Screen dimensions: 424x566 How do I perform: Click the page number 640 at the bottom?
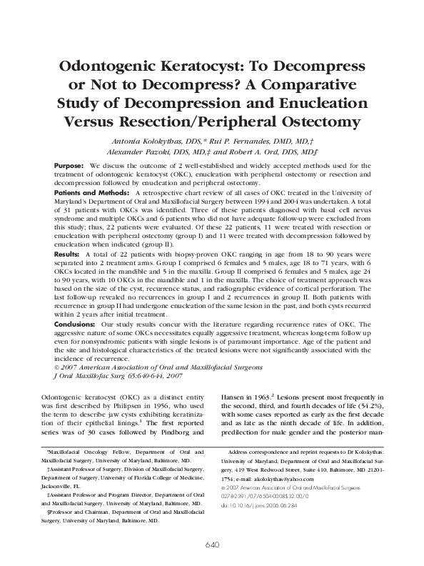[212, 545]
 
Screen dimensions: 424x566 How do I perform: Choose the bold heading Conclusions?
[76, 323]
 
